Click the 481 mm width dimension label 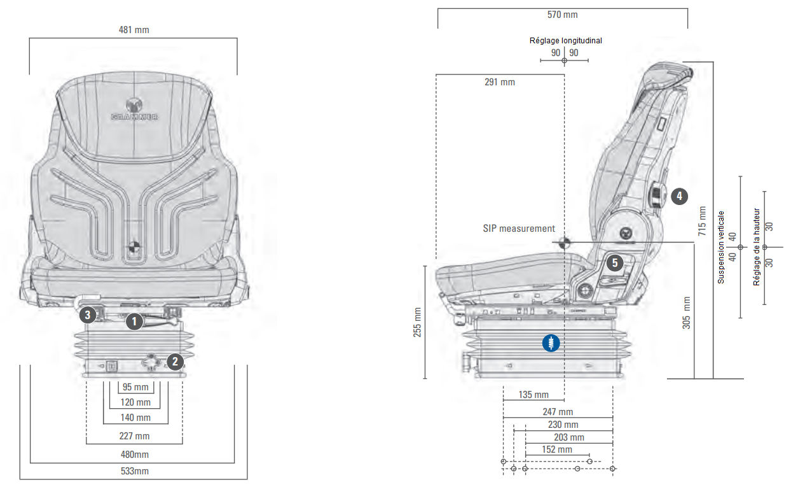tap(134, 30)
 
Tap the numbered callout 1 tap(134, 322)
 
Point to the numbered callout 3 tap(88, 313)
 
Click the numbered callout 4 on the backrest tap(679, 196)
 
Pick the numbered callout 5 tap(614, 262)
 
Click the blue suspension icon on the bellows tap(551, 343)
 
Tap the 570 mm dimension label tap(562, 15)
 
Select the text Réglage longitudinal tap(565, 41)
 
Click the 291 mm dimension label tap(500, 82)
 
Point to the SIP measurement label tap(518, 229)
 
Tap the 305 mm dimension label tap(686, 313)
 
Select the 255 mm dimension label tap(418, 322)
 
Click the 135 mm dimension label tap(533, 395)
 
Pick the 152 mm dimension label tap(556, 450)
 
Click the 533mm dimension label tap(134, 471)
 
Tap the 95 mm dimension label tap(135, 387)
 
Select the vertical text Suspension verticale tap(720, 247)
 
